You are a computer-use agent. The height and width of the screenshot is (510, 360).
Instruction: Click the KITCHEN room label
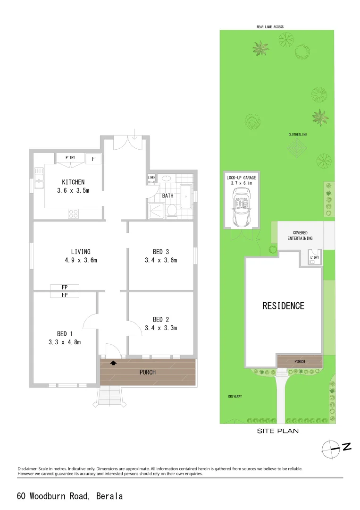(73, 182)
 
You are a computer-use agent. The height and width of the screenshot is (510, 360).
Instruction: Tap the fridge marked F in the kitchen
(93, 159)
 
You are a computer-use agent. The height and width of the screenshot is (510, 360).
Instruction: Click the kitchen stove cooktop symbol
(73, 213)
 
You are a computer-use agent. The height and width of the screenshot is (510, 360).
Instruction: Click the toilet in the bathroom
(173, 211)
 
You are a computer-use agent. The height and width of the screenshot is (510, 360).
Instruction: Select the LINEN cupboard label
(151, 178)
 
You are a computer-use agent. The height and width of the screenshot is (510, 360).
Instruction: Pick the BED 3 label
(160, 252)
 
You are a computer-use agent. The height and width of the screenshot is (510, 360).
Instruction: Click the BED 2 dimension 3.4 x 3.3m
(160, 328)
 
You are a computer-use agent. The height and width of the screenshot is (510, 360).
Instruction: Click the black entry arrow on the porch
(113, 363)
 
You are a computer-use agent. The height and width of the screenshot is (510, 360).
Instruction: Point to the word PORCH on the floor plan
(147, 372)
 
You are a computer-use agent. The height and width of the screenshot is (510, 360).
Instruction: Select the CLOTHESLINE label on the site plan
(298, 135)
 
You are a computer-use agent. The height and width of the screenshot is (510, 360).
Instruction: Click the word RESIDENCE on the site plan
(283, 306)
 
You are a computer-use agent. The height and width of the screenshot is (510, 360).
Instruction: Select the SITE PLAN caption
(277, 431)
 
